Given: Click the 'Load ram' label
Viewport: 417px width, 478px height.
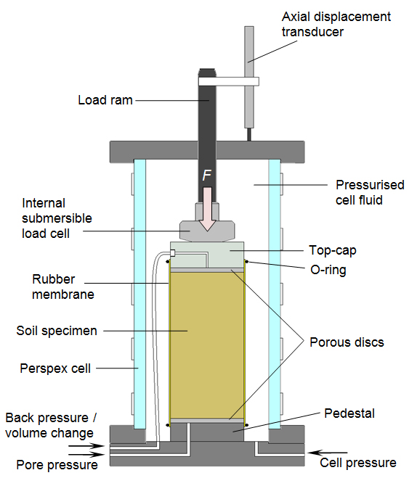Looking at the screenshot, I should (x=105, y=100).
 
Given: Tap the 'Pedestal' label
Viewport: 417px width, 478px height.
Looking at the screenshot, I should (x=349, y=413).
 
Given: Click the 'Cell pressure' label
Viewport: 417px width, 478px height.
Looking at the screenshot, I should (x=358, y=462).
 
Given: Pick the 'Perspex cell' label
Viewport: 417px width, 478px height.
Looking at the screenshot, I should (x=55, y=368).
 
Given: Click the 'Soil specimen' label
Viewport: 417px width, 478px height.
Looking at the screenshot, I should (x=57, y=331).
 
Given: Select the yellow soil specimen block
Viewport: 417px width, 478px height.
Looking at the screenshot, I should (x=206, y=345).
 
